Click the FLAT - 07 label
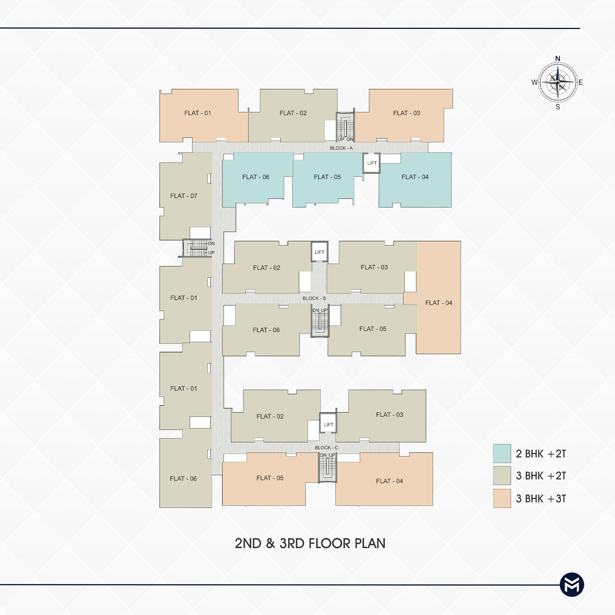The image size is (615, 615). [x=184, y=196]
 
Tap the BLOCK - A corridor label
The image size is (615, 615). [x=341, y=148]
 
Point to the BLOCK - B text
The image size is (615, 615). [x=314, y=298]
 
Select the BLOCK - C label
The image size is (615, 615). [x=326, y=447]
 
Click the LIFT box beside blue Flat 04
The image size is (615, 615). [x=372, y=163]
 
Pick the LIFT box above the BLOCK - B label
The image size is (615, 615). [x=319, y=252]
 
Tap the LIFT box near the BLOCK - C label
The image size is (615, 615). [x=328, y=423]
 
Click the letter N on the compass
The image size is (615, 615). [x=557, y=58]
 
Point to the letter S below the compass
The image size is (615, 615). [x=558, y=107]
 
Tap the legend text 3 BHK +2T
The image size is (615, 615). [x=541, y=476]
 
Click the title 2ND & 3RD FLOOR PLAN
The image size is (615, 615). [x=310, y=543]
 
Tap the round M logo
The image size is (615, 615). [x=572, y=585]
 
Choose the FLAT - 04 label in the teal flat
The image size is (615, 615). [x=415, y=177]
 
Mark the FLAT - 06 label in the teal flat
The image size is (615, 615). [x=256, y=177]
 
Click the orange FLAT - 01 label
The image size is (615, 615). [x=197, y=113]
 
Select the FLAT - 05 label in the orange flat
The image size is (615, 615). [x=270, y=478]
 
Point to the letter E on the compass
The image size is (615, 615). [x=581, y=82]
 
